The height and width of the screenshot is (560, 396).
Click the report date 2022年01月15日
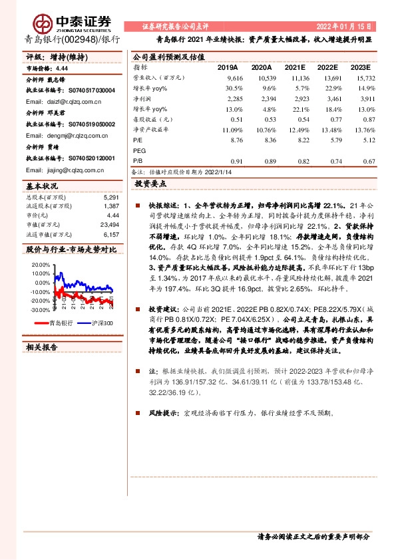pyautogui.click(x=343, y=26)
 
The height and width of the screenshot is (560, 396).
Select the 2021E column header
pyautogui.click(x=295, y=68)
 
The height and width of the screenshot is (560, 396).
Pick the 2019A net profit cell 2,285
pyautogui.click(x=232, y=98)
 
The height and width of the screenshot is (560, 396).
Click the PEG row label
pyautogui.click(x=140, y=151)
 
